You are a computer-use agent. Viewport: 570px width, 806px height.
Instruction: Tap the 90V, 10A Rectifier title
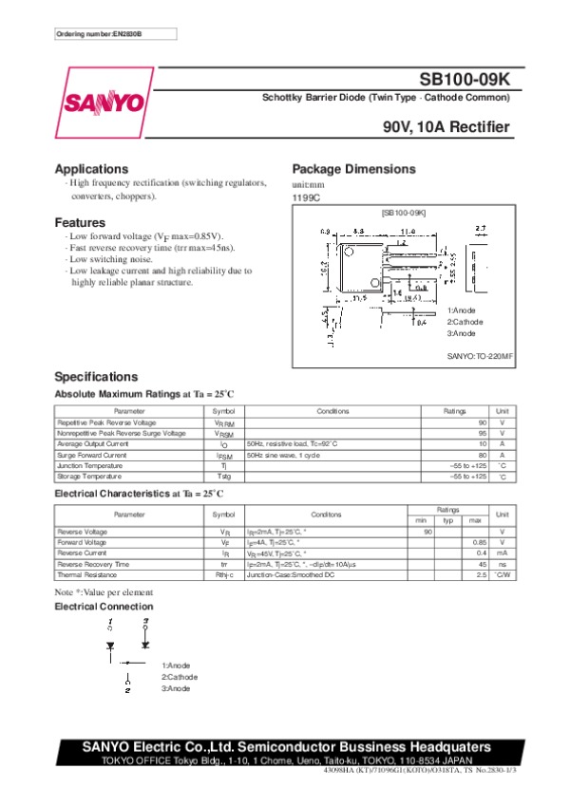pos(446,127)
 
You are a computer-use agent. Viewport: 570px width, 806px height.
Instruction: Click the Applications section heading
pos(91,168)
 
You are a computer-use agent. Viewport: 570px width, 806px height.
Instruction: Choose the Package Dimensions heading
pos(353,168)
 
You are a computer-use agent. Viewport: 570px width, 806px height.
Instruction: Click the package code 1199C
pos(306,198)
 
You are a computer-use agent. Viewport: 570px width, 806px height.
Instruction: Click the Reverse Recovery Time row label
pos(93,564)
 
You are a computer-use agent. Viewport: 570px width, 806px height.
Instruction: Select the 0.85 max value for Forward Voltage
pos(479,542)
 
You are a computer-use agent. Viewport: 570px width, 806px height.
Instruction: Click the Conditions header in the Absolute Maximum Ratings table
pos(332,410)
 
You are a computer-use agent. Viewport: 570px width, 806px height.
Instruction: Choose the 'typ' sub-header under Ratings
pos(448,520)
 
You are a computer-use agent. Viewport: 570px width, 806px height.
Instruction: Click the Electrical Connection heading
pos(104,606)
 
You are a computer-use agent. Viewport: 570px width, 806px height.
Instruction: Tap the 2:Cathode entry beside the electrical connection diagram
pos(180,677)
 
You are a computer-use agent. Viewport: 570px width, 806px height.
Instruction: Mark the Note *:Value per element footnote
pos(103,592)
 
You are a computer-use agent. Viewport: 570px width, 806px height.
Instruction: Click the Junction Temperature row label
pos(89,465)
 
